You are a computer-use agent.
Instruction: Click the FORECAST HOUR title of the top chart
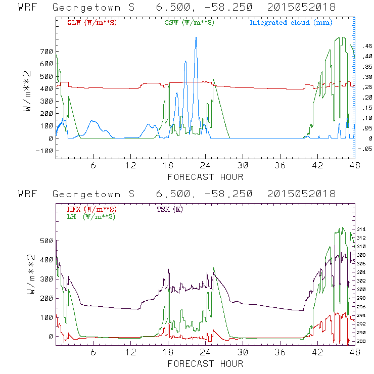tap(205, 177)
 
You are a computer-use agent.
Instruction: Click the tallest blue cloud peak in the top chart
tap(196, 38)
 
